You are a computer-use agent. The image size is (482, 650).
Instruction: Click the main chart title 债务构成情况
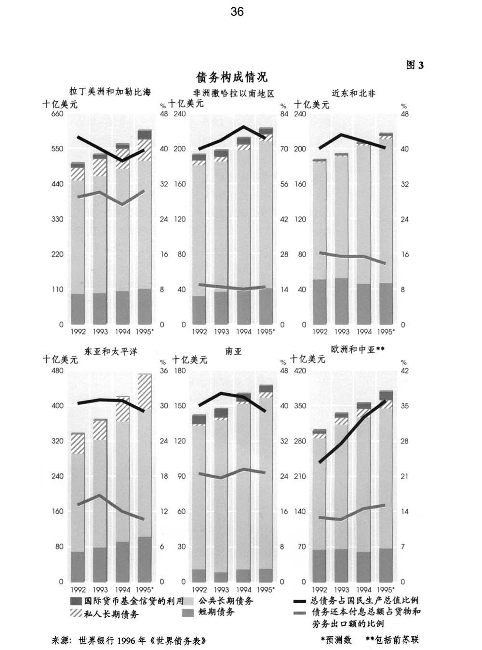231,77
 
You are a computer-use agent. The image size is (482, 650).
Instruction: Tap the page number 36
237,12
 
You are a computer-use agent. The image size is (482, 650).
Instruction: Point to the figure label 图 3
415,65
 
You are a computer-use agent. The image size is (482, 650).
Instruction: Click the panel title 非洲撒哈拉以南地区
233,93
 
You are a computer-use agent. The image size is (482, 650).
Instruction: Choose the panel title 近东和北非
353,93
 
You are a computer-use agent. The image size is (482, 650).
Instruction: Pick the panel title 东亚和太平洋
111,351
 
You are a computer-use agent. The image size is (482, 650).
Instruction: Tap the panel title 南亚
233,352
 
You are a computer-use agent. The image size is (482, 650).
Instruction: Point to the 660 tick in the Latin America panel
57,114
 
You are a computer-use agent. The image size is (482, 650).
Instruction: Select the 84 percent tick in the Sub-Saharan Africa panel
284,114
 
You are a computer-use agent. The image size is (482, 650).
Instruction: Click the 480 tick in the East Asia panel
57,371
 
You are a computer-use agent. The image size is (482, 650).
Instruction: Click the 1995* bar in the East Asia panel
145,478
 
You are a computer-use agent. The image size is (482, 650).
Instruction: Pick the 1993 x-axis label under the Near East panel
342,332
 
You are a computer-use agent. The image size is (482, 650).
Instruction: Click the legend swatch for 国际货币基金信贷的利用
76,601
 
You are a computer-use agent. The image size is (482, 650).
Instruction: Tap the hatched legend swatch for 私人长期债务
76,613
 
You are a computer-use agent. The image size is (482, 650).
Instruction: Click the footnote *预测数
336,640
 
